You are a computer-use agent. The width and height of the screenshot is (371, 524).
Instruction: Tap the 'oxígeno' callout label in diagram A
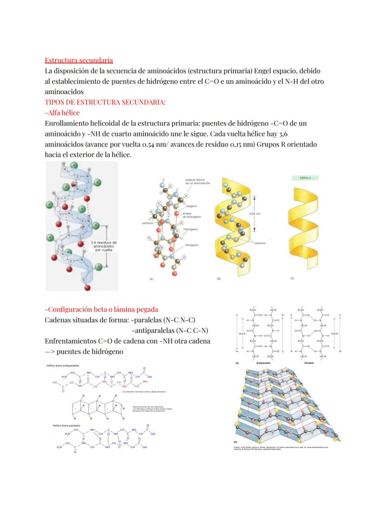tap(192, 207)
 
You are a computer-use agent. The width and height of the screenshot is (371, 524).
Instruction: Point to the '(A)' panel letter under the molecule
tap(151, 279)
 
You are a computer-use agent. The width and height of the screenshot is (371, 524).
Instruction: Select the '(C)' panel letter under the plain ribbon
tap(292, 278)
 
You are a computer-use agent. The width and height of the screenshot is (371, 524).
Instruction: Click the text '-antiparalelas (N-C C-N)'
tap(168, 331)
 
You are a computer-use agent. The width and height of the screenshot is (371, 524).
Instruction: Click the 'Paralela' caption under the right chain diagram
tap(308, 363)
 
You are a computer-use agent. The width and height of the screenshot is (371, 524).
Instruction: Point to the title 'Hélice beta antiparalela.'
tap(63, 365)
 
